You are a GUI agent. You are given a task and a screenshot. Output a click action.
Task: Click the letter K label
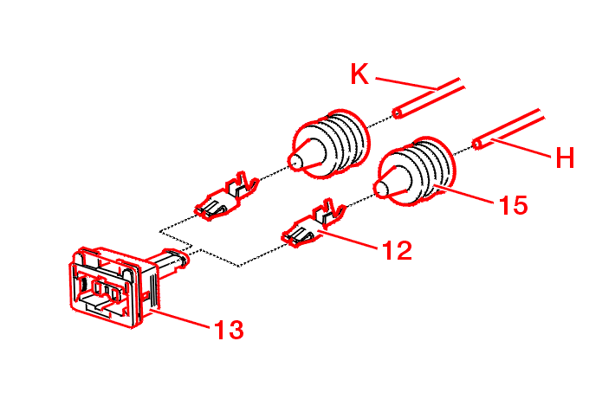(359, 74)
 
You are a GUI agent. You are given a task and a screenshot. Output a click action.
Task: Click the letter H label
(565, 158)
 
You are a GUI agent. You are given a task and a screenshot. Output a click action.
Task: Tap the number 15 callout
(514, 205)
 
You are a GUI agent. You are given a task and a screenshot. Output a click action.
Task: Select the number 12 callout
(397, 250)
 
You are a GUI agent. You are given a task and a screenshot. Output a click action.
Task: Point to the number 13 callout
(229, 329)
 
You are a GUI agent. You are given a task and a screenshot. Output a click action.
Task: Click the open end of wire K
(397, 113)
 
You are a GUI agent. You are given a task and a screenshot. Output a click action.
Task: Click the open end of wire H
(477, 144)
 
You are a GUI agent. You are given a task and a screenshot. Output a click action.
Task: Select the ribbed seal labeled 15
(415, 171)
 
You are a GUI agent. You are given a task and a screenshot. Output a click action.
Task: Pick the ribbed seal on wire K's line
(328, 145)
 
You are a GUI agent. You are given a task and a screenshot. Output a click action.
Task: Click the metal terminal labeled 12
(313, 224)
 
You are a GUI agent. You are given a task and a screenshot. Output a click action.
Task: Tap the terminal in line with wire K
(226, 196)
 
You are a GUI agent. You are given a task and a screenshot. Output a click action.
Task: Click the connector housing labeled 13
(113, 286)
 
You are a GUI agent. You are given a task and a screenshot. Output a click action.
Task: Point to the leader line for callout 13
(180, 318)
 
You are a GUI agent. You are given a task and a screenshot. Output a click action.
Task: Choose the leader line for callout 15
(464, 196)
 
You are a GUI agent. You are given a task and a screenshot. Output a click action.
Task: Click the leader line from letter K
(406, 83)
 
